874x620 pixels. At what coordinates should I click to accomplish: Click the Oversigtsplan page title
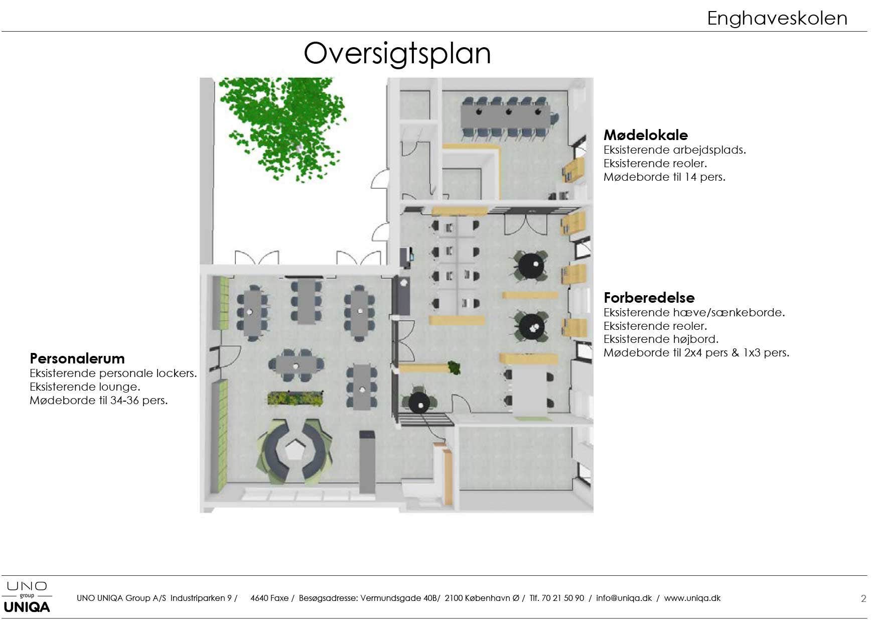click(x=397, y=54)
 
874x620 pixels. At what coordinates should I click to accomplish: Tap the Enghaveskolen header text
click(x=777, y=19)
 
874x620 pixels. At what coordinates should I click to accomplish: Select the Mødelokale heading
click(x=646, y=135)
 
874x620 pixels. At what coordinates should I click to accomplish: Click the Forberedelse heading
click(x=649, y=297)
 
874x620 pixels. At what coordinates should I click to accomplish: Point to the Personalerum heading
click(x=77, y=358)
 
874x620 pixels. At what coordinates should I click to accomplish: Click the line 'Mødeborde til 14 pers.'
click(x=664, y=177)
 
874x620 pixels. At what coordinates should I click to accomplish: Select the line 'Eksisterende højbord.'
click(x=661, y=339)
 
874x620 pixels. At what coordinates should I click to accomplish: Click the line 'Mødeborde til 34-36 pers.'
click(x=99, y=400)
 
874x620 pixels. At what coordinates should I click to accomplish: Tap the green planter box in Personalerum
click(x=295, y=398)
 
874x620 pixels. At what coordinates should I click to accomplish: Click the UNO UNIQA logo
click(x=27, y=597)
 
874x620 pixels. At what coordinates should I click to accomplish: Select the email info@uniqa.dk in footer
click(x=624, y=598)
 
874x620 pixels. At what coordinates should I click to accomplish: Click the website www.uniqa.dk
click(x=692, y=598)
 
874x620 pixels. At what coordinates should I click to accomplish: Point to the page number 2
click(x=863, y=598)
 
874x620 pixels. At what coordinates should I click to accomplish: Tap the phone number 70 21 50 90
click(x=563, y=598)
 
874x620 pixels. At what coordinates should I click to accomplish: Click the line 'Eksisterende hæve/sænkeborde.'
click(x=694, y=312)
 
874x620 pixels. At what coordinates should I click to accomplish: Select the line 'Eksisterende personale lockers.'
click(x=113, y=373)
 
